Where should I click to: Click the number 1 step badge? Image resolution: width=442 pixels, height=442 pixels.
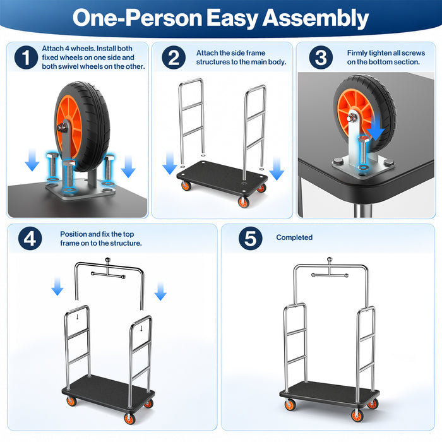pyautogui.click(x=26, y=57)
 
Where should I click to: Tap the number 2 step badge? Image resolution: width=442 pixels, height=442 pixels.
pyautogui.click(x=174, y=57)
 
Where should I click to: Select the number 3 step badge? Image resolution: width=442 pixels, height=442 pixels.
pyautogui.click(x=321, y=57)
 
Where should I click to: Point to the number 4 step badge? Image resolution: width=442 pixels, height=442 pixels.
pyautogui.click(x=30, y=239)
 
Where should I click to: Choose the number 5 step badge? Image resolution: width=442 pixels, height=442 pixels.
pyautogui.click(x=250, y=239)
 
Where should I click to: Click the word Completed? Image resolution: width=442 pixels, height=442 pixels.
pyautogui.click(x=294, y=237)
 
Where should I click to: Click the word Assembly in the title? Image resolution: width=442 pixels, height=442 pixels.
pyautogui.click(x=316, y=18)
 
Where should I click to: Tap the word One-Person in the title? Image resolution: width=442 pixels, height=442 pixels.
pyautogui.click(x=137, y=18)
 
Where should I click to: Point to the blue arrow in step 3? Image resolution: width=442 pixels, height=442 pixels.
pyautogui.click(x=376, y=126)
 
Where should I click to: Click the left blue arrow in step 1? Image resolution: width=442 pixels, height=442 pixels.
pyautogui.click(x=32, y=160)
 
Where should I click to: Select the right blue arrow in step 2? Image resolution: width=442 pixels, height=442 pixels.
pyautogui.click(x=277, y=169)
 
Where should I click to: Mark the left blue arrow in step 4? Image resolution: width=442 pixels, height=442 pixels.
pyautogui.click(x=57, y=286)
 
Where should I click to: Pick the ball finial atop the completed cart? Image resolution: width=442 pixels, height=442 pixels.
pyautogui.click(x=330, y=260)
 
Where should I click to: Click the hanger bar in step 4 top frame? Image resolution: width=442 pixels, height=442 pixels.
pyautogui.click(x=108, y=275)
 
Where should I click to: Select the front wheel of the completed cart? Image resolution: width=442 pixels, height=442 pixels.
pyautogui.click(x=357, y=415)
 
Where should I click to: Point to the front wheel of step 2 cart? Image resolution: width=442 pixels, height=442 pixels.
pyautogui.click(x=243, y=202)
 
